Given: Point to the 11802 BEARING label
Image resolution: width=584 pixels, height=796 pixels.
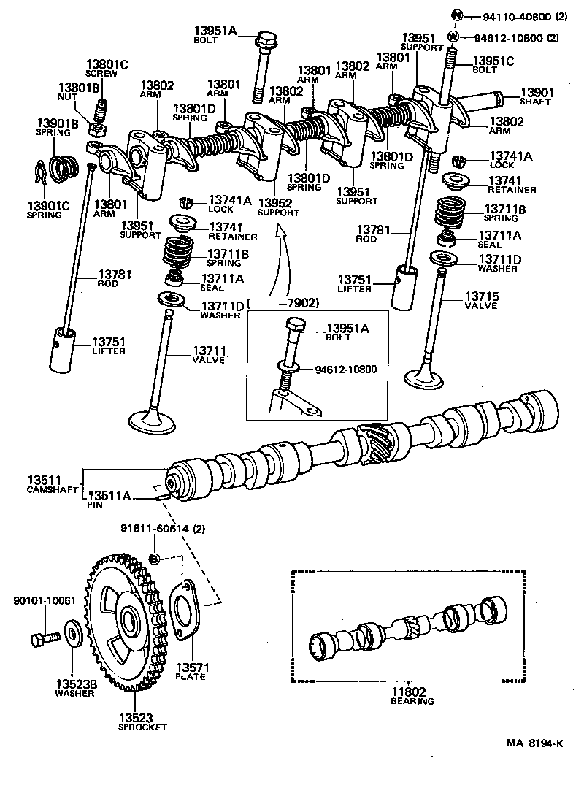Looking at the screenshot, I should click(x=411, y=695).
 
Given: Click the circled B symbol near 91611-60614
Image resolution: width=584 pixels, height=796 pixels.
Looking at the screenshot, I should click(x=154, y=559).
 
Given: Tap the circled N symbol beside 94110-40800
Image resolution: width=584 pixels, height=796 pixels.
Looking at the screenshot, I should click(x=457, y=16).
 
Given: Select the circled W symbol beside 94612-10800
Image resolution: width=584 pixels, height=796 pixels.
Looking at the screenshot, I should click(x=453, y=37).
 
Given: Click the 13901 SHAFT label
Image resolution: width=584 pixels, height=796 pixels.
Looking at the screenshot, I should click(x=537, y=97).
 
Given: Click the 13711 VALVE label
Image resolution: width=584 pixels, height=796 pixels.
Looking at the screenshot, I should click(x=208, y=356).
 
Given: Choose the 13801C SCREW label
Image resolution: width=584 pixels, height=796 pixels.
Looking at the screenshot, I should click(x=107, y=68).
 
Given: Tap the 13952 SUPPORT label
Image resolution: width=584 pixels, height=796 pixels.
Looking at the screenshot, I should click(x=277, y=207).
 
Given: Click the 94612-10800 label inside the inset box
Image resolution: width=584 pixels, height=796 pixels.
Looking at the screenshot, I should click(x=346, y=370).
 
